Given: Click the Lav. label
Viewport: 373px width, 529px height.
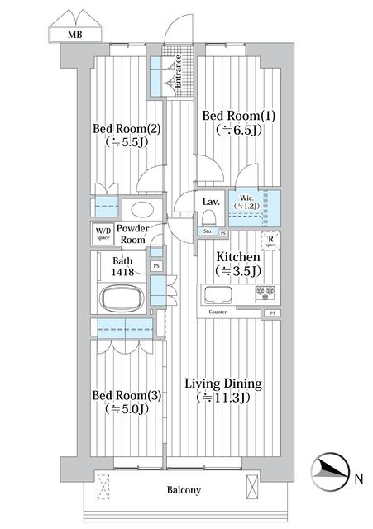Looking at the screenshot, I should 210,201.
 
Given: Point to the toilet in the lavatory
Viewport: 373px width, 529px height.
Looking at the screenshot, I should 209,218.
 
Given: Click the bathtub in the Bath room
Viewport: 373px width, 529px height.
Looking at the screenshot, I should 122,297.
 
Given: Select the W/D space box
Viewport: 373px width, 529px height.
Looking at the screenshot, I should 103,233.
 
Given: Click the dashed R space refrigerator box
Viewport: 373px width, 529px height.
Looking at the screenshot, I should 270,241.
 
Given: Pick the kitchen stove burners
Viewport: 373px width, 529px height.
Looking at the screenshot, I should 266,292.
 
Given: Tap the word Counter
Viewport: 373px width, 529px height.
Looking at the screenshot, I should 218,312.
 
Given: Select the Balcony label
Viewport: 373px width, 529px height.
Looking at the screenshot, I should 183,490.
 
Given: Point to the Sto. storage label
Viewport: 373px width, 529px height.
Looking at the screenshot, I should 207,232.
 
